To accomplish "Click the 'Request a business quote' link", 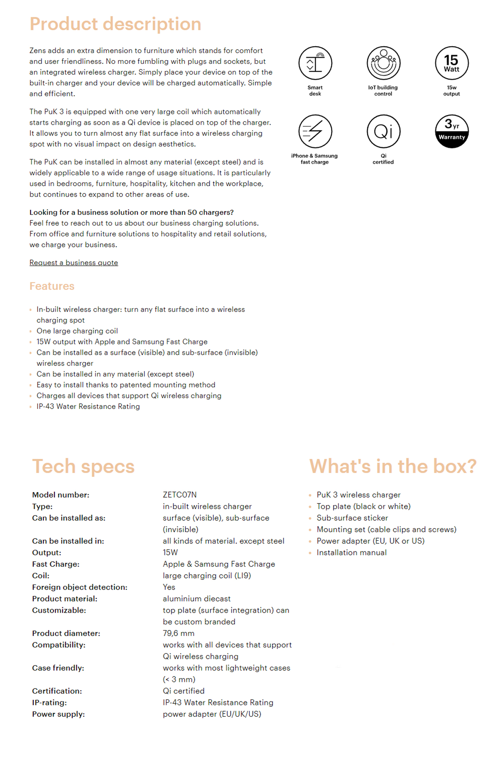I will point(74,262).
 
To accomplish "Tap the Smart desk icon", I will point(315,63).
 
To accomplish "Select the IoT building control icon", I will point(383,63).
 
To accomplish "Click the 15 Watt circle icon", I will point(452,63).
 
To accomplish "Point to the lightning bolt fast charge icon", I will point(315,131).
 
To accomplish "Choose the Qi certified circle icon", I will point(383,131).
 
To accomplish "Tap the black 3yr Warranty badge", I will point(452,131).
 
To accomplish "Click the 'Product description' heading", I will point(115,24).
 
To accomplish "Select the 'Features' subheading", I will point(52,286).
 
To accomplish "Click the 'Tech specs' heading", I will point(83,466).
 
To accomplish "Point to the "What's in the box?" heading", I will point(393,466).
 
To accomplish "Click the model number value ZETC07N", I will point(180,495).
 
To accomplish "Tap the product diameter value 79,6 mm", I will point(179,633).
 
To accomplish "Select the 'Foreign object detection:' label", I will point(80,587).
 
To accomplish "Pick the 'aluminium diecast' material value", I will point(196,599).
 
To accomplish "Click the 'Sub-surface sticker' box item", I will point(352,518).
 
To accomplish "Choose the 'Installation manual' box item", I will point(351,552).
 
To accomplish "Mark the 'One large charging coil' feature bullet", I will point(77,331).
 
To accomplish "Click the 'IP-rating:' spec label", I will point(50,702).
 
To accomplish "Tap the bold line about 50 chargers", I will point(131,212).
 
